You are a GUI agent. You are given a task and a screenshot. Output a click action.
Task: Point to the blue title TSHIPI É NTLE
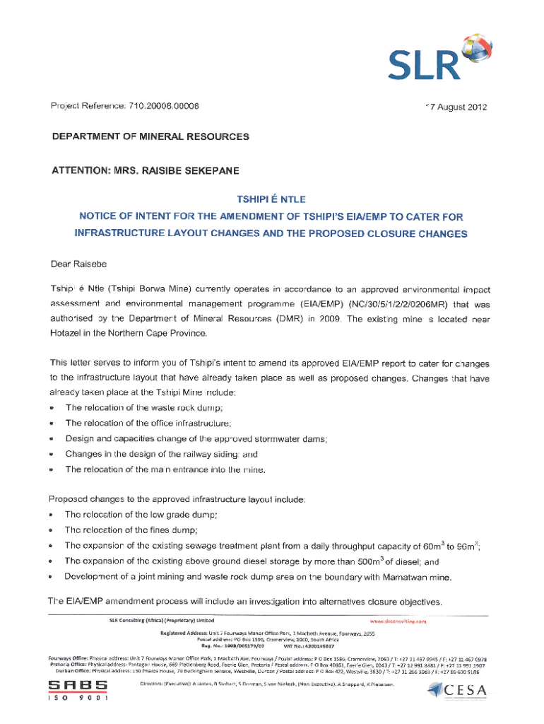tap(272, 199)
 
